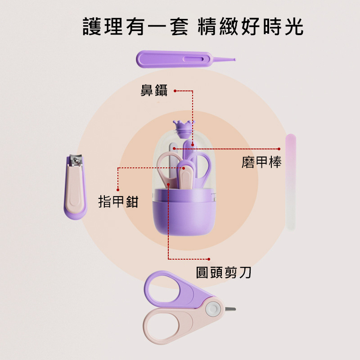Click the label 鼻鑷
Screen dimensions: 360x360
coord(154,90)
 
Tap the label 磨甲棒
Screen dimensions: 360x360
coord(261,162)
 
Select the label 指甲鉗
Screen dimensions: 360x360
coord(118,202)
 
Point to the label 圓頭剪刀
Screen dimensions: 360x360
coord(223,273)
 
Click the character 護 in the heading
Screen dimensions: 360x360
coord(92,27)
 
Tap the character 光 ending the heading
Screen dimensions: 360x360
coord(294,27)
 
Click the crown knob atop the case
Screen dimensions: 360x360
coord(184,129)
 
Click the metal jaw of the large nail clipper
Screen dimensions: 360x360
coord(76,160)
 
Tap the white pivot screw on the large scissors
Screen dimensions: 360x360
coord(213,309)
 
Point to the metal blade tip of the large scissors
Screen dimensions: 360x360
coord(230,309)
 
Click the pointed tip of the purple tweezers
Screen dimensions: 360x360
coord(234,60)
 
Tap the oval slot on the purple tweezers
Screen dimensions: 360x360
coord(193,59)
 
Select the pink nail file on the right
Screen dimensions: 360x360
coord(291,182)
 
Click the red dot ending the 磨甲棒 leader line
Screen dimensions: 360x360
coord(279,149)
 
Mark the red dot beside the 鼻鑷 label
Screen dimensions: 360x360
coord(175,91)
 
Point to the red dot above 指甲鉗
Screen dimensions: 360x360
coord(118,189)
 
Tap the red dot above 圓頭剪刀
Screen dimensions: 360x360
coord(209,259)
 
